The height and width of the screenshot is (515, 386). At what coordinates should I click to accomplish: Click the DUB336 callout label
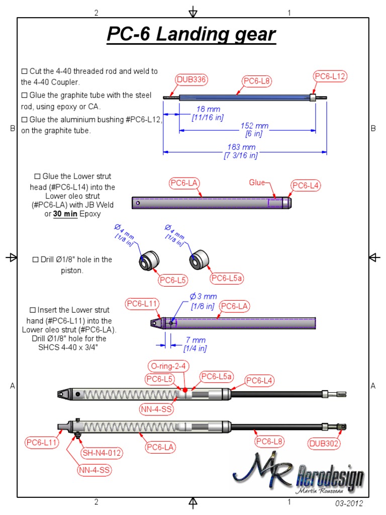point(192,79)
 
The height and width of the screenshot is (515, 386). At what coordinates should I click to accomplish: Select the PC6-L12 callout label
point(330,76)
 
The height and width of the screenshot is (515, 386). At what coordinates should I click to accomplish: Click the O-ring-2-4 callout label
point(168,365)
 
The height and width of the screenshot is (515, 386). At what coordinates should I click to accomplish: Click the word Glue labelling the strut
point(256,183)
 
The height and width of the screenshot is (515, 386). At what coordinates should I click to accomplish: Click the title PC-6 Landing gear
point(191,35)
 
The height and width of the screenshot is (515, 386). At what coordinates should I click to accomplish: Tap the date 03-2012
point(348,503)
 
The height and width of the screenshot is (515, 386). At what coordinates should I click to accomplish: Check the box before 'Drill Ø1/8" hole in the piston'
point(35,260)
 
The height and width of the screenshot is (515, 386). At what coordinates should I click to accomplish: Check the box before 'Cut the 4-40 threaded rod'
point(25,71)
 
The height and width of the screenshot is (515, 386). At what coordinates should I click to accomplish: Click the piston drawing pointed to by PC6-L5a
point(200,258)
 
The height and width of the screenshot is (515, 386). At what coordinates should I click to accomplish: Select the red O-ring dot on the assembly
point(185,390)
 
